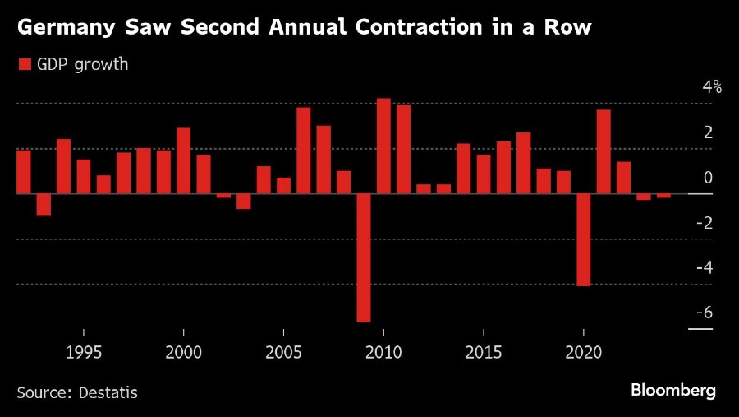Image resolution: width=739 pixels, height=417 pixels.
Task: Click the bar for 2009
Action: [x=364, y=257]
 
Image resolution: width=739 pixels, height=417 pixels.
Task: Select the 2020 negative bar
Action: [x=584, y=239]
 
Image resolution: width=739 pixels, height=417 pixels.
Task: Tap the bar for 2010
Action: [x=383, y=146]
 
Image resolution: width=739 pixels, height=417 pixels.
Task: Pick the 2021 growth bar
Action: [x=604, y=152]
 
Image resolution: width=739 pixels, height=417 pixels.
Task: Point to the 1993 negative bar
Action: [x=44, y=205]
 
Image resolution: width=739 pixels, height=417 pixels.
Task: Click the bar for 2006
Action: [x=304, y=151]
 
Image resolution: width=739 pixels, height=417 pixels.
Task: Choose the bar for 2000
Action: [x=184, y=161]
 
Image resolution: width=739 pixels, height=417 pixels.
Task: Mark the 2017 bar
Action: [x=524, y=163]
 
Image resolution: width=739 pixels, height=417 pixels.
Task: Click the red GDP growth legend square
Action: [x=25, y=64]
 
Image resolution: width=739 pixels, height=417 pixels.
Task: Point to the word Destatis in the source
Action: [x=108, y=392]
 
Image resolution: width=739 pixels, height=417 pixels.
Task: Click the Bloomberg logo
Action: [x=673, y=390]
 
